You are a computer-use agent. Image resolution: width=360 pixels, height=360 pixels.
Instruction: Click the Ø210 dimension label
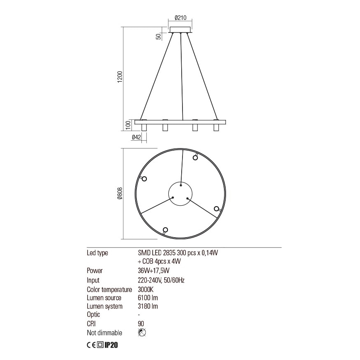point(181,17)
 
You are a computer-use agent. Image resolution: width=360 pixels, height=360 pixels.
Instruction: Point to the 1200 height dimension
point(120,77)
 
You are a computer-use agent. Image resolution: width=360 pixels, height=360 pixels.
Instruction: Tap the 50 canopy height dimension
point(158,36)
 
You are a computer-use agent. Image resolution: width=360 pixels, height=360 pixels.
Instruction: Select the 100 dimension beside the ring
point(128,124)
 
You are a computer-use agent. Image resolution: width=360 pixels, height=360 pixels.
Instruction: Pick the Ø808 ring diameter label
point(119,194)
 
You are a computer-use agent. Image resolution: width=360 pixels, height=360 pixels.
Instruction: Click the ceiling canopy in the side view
point(180,30)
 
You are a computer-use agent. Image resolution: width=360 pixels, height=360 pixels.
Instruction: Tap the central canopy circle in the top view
point(180,194)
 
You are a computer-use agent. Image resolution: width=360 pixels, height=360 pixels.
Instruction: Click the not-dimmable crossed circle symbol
point(142,333)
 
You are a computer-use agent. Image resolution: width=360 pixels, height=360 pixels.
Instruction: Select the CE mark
point(91,344)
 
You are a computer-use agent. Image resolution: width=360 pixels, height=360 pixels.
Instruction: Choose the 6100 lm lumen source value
point(148,298)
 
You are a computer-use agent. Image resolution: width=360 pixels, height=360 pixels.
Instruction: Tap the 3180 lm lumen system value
point(148,306)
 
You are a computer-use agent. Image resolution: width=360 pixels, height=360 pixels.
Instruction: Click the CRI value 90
point(141,324)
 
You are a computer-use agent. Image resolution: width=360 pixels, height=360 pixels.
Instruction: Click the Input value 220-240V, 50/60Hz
point(161,280)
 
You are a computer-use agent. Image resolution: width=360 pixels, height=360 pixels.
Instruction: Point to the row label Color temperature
point(109,289)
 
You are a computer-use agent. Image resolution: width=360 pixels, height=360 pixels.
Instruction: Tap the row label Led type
point(97,253)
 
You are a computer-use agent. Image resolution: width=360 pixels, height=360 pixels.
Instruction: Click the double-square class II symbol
point(100,344)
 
